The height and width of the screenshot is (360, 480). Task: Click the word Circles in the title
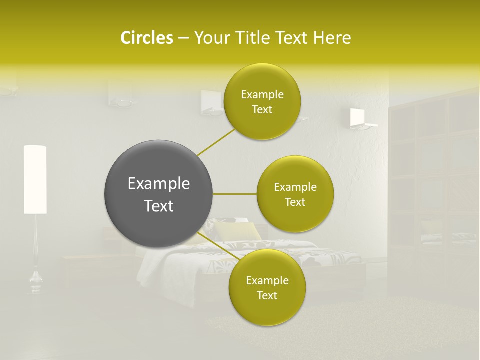pos(146,38)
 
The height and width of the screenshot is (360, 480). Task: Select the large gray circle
pos(159,194)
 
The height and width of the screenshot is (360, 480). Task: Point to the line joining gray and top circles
pos(216,142)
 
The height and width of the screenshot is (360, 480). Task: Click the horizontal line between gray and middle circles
pos(235,194)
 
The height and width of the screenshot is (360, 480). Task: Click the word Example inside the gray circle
pos(159,184)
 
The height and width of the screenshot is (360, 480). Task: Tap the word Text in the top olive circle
pos(262,110)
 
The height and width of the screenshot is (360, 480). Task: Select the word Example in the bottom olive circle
pos(267,280)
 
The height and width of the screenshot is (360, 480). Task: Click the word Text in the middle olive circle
pos(295,202)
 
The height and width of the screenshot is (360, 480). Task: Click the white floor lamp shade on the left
pos(35,179)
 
